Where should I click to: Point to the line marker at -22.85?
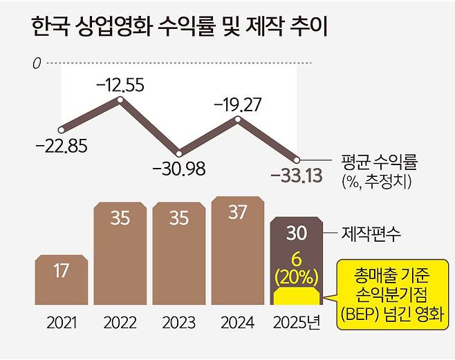pos(62,129)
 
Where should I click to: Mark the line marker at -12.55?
pos(120,100)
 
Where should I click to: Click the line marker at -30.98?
pos(179,153)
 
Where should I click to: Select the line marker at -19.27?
pos(239,119)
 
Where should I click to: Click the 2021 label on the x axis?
pos(62,323)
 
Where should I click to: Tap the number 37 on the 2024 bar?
pos(238,213)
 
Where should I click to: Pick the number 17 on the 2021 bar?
pos(62,271)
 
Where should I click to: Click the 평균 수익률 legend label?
pos(380,165)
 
